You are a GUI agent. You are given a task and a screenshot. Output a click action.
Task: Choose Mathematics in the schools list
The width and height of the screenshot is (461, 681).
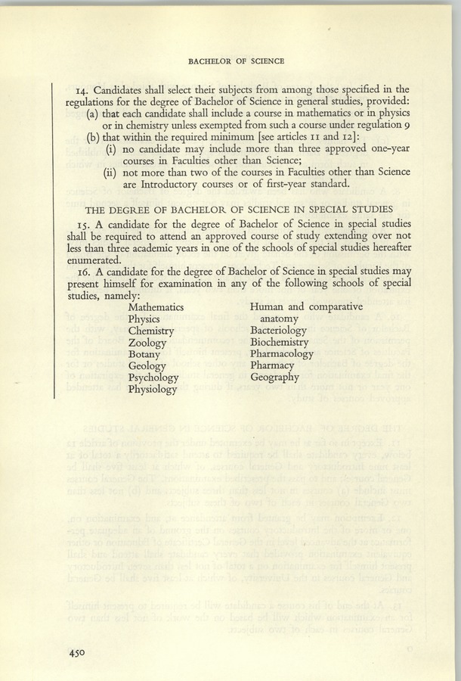point(156,307)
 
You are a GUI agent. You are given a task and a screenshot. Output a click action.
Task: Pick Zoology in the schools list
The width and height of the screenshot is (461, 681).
point(147,343)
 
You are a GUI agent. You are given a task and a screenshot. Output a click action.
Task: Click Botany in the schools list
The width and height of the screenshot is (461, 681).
point(145,354)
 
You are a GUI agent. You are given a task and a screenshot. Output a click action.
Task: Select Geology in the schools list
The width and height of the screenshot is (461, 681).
point(147,365)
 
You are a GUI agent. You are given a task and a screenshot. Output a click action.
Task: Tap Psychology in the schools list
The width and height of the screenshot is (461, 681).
point(153,378)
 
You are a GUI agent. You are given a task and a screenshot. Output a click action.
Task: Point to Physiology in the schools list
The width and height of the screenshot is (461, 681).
point(153,389)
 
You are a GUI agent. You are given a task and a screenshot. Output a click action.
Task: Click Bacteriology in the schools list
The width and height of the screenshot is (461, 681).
point(278,331)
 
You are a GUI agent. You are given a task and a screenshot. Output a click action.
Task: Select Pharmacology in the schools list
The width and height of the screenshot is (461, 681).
point(282,354)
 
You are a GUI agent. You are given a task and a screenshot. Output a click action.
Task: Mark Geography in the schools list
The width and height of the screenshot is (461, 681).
point(276,378)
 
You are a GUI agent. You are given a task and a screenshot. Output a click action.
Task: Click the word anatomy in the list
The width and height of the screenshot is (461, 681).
point(281,319)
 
